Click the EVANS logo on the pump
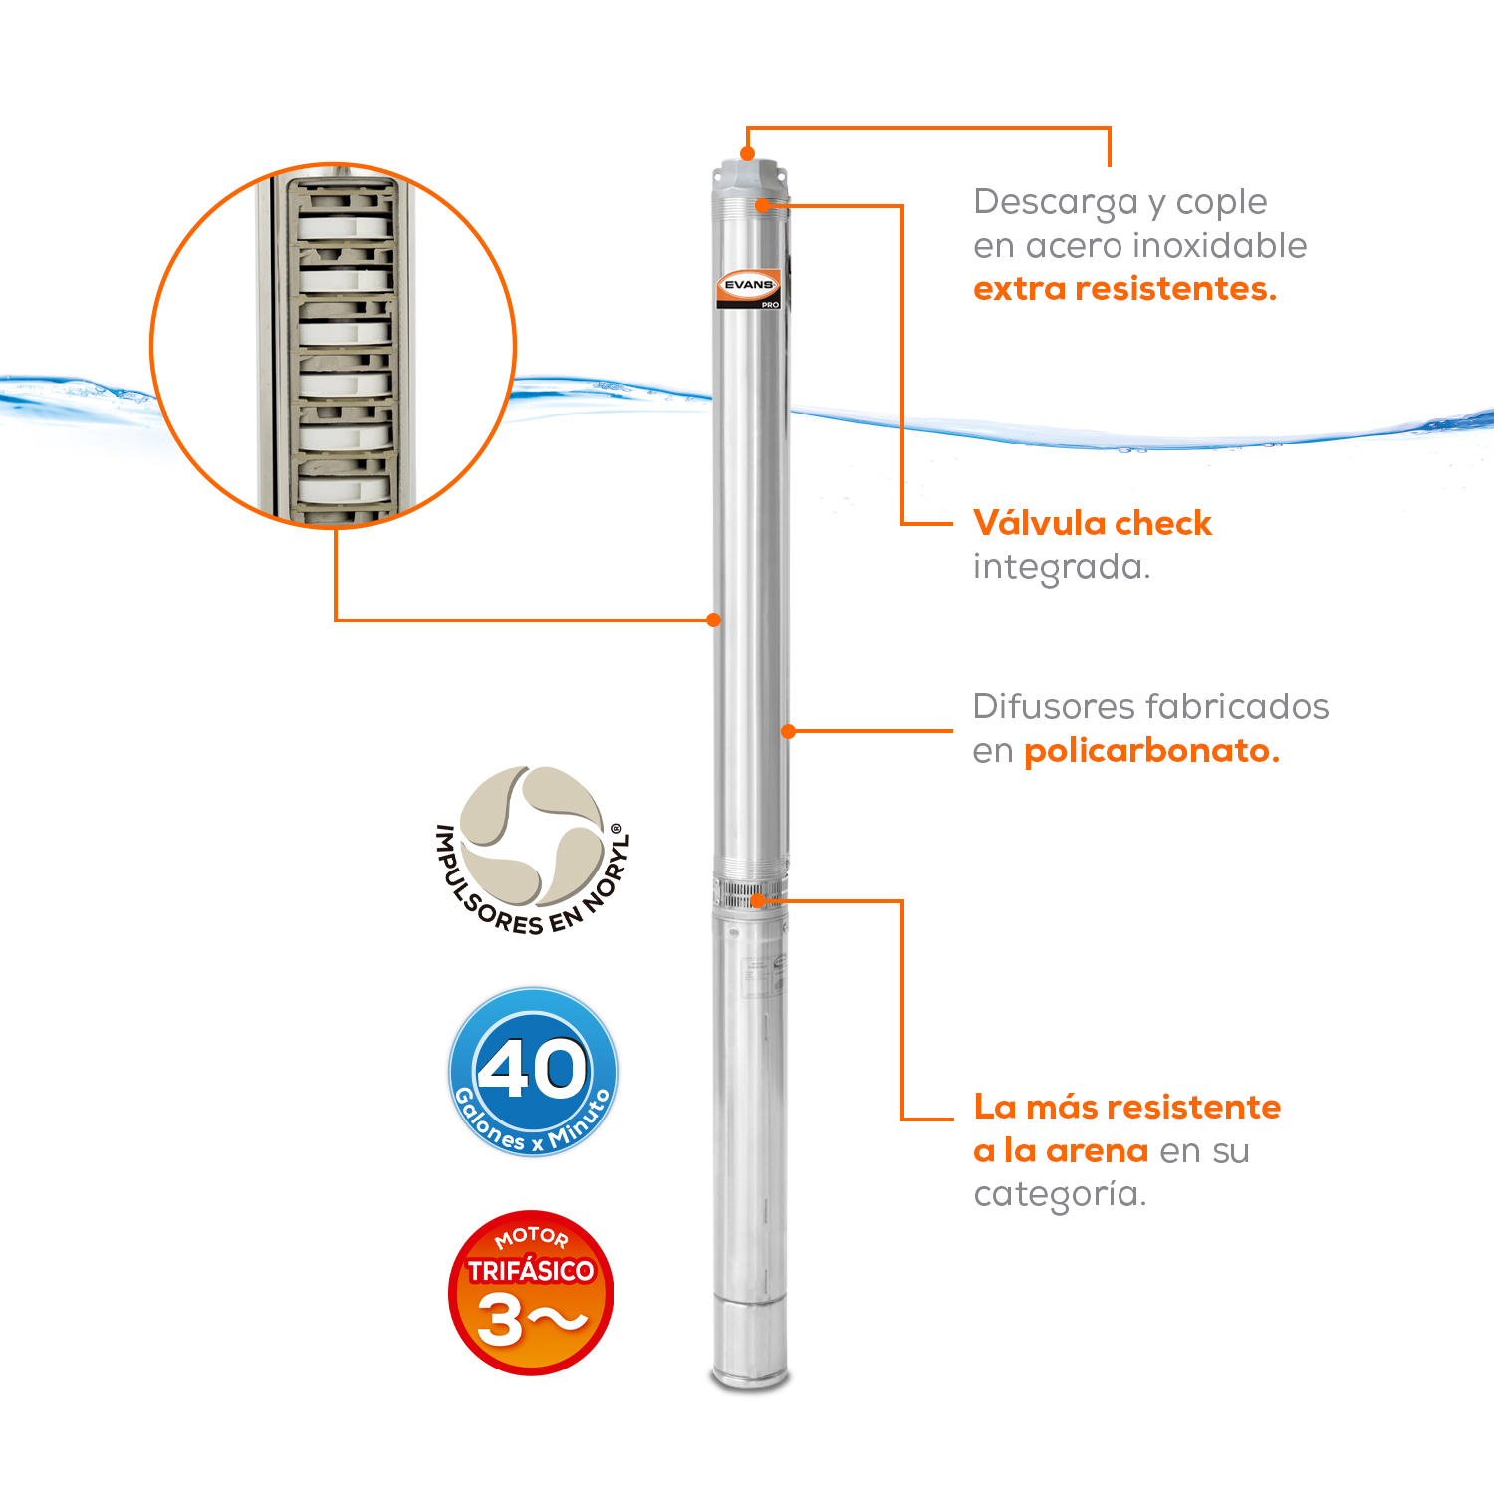pos(749,286)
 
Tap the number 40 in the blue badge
pos(533,1069)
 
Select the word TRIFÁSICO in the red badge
pos(531,1271)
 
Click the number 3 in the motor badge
pos(500,1321)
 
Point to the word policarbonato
pos(1151,751)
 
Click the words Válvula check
pos(1093,523)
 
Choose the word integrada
pos(1062,567)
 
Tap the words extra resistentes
pos(1124,289)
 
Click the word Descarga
pos(1055,202)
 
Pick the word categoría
pos(1060,1194)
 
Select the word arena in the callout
pos(1097,1151)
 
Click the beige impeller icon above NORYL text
pos(533,835)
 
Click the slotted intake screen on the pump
pos(749,893)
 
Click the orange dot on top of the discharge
pos(747,154)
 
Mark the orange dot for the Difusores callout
pos(788,731)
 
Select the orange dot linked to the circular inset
pos(713,620)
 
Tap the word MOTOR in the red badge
pos(532,1238)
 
